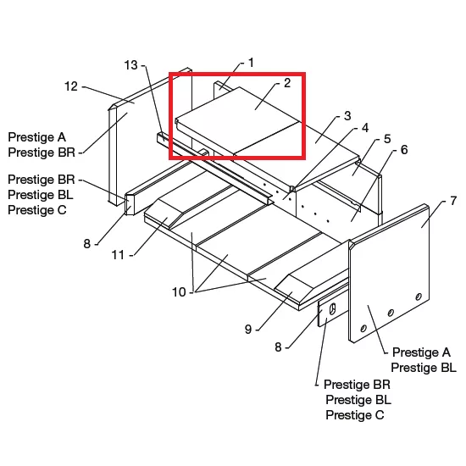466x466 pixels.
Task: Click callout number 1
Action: [x=251, y=63]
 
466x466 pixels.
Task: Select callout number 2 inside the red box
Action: [x=287, y=83]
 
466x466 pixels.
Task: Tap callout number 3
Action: [x=347, y=115]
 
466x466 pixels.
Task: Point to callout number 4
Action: [x=365, y=128]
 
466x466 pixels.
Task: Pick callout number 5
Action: [x=387, y=139]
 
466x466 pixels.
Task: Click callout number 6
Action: [x=404, y=150]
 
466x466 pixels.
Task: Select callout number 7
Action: [x=453, y=201]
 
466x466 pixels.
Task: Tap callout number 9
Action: [x=248, y=330]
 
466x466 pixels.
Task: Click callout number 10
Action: [x=179, y=292]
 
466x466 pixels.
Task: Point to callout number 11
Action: [x=118, y=255]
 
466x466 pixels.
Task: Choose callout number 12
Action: [x=71, y=86]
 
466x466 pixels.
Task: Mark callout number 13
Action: [x=130, y=65]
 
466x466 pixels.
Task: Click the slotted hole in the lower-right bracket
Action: [x=333, y=308]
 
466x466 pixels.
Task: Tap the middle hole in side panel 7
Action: [x=391, y=313]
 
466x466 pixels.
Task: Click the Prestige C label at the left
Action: [x=37, y=210]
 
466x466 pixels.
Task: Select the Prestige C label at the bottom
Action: [x=355, y=415]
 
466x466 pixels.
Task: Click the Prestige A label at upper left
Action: [x=36, y=137]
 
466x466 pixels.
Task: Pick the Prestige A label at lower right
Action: [x=421, y=352]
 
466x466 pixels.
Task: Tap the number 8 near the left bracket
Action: [x=86, y=244]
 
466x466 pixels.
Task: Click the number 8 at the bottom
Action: [x=278, y=347]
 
